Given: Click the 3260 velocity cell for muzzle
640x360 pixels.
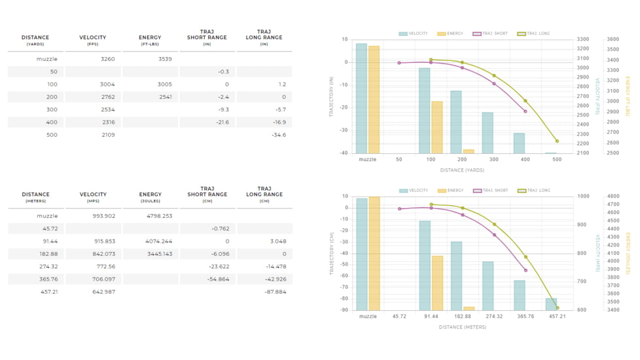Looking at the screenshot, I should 107,59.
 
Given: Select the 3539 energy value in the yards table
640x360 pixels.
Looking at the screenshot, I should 165,59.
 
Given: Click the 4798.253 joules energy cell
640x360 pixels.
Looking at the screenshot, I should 160,216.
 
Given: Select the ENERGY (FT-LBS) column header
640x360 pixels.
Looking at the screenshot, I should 150,40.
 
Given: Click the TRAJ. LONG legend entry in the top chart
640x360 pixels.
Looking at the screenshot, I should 534,33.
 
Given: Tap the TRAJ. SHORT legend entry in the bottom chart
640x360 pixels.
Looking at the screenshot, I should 490,190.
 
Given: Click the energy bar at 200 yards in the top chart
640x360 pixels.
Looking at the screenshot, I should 469,151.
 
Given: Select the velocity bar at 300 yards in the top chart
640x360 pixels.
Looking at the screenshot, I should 488,133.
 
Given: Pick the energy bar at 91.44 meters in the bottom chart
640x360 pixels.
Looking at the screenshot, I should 437,283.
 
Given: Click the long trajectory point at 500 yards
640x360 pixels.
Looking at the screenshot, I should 557,141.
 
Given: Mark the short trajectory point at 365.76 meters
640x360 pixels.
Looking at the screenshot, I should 525,270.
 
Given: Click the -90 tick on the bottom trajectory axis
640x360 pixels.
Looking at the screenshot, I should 344,310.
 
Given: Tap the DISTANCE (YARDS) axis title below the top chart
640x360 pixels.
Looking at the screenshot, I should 462,170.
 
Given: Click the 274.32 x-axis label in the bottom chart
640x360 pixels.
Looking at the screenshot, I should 494,316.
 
